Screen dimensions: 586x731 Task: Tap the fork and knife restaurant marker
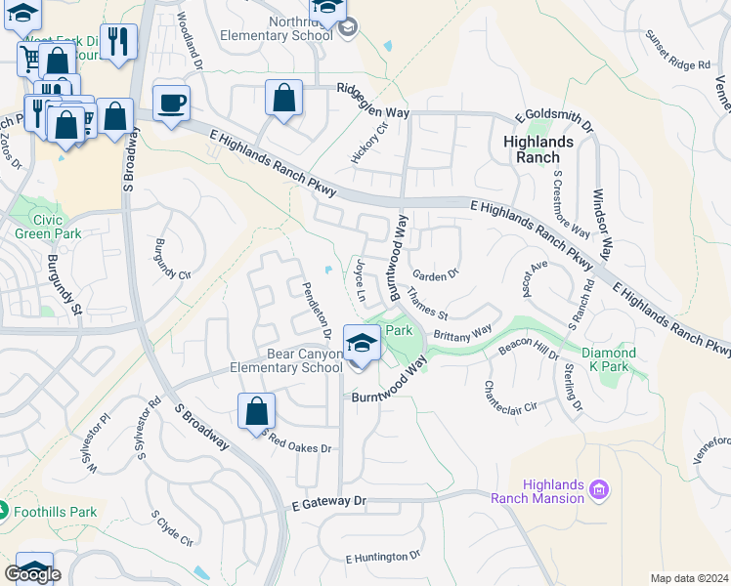coord(118,41)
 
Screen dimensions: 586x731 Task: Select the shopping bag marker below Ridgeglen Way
coord(283,98)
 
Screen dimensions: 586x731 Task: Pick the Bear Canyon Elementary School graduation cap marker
coord(362,344)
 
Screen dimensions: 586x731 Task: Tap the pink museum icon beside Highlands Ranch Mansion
coord(600,489)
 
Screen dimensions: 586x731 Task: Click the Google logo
coord(32,574)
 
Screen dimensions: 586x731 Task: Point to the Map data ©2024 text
coord(689,578)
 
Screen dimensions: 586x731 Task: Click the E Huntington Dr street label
coord(382,557)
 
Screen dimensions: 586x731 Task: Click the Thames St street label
coord(428,304)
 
